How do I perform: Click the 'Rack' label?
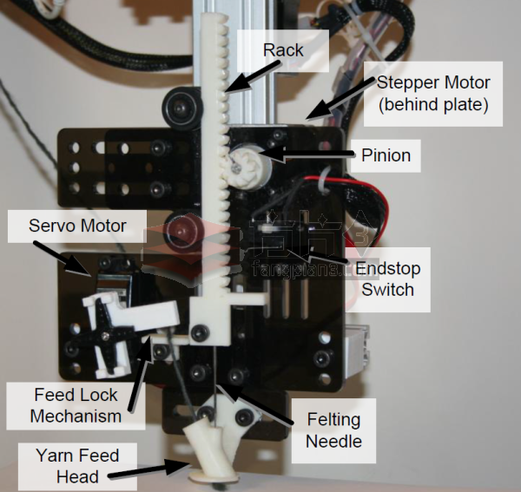283,50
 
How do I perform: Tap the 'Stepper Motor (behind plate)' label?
433,94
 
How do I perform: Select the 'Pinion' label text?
385,156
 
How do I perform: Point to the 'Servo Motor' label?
77,226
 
